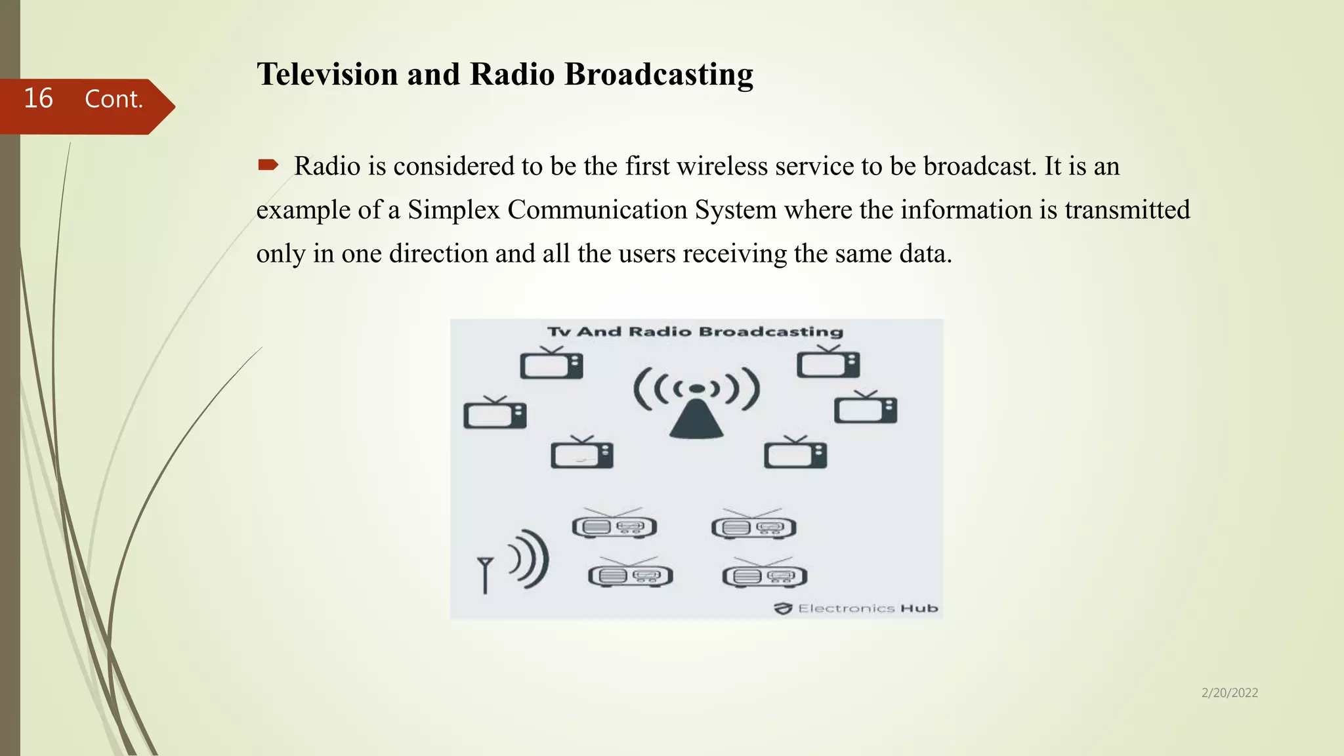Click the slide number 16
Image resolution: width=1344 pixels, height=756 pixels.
(x=38, y=98)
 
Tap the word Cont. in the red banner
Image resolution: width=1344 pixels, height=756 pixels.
(x=114, y=99)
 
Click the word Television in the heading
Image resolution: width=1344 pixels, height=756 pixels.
(x=327, y=74)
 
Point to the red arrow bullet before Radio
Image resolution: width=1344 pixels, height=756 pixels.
(x=268, y=165)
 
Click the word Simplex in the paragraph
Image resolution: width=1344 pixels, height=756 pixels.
(x=453, y=210)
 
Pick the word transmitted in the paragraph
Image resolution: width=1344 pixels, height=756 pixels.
(x=1127, y=210)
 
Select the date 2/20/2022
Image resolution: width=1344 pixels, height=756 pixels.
(x=1229, y=693)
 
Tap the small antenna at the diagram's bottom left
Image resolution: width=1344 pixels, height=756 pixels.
(x=485, y=574)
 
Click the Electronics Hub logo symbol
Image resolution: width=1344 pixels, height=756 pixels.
(x=783, y=608)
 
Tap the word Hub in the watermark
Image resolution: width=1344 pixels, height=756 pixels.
(x=919, y=608)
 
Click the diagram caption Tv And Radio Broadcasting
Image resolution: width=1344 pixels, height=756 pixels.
(x=695, y=331)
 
